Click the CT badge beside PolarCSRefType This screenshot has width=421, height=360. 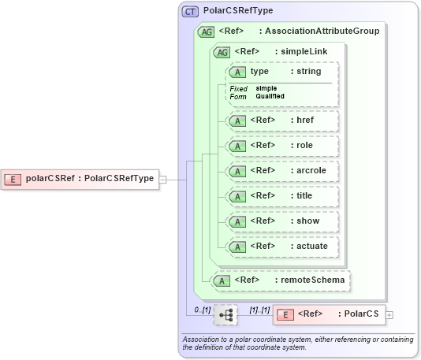click(190, 12)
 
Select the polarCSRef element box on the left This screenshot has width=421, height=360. click(79, 179)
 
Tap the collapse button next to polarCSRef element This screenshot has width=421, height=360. click(162, 179)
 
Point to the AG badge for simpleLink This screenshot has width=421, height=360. click(222, 51)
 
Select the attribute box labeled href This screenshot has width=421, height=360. click(282, 121)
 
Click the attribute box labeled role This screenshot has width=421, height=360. click(282, 146)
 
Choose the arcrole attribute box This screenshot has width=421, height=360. click(282, 171)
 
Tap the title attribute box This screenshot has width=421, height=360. click(282, 196)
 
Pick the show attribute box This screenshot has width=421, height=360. click(282, 221)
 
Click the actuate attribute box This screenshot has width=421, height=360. click(282, 247)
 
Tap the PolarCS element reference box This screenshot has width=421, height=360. click(329, 314)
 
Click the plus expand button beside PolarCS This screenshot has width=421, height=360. click(389, 315)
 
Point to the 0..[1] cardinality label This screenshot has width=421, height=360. click(202, 310)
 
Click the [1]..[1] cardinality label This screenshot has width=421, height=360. click(259, 310)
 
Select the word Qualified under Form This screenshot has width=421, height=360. click(270, 96)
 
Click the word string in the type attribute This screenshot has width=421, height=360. click(307, 71)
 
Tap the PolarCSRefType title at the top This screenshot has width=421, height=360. click(238, 12)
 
